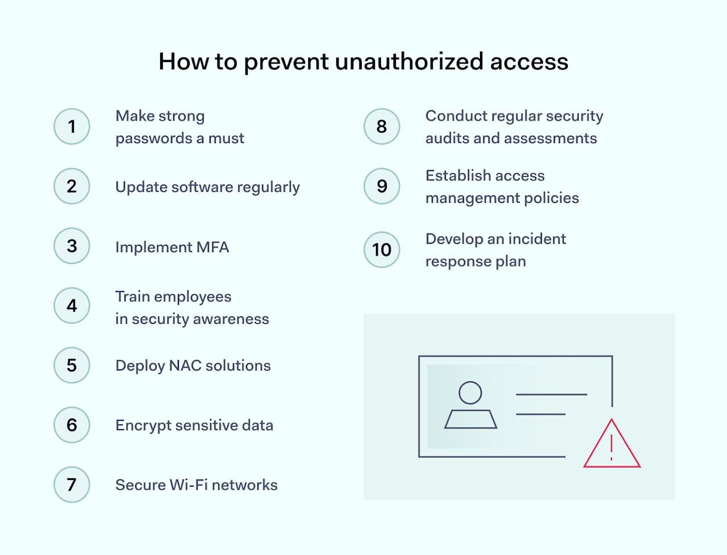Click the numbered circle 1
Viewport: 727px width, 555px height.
(72, 126)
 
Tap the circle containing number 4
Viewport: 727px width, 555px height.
(72, 306)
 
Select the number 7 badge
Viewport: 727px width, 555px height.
(72, 485)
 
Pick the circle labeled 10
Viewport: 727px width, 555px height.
(382, 249)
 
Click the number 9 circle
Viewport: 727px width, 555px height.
(382, 186)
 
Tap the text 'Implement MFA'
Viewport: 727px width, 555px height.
(172, 247)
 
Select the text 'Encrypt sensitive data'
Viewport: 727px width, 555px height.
(194, 425)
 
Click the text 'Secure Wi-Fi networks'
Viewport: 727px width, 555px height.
(197, 485)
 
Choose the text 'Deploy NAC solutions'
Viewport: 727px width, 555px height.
(193, 366)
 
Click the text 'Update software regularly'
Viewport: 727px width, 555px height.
(207, 187)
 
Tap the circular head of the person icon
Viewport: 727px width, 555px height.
(470, 393)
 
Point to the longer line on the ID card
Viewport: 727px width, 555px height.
(551, 394)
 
